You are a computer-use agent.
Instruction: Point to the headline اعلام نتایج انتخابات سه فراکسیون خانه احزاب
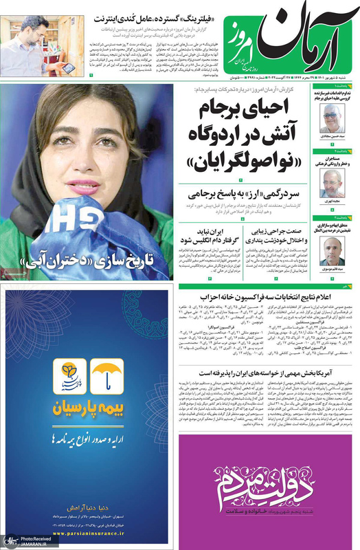coord(266,296)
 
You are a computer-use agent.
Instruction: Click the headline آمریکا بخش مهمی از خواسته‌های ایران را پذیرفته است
coord(266,367)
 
